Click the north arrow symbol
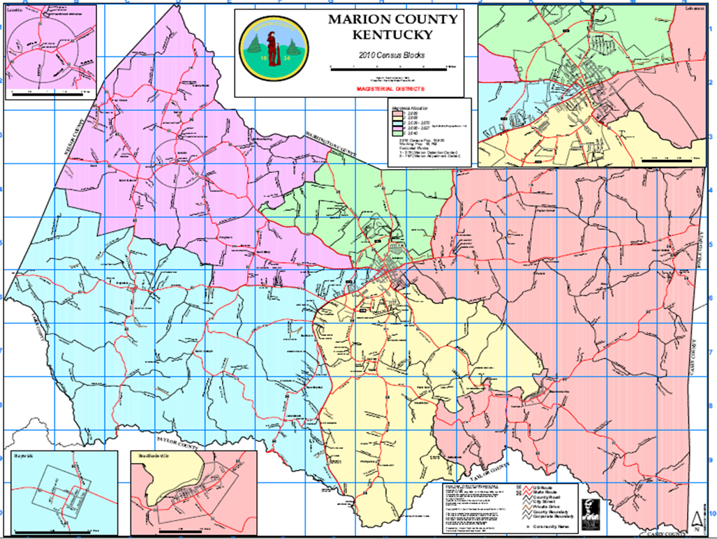(695, 519)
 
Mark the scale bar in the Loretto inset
(52, 91)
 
